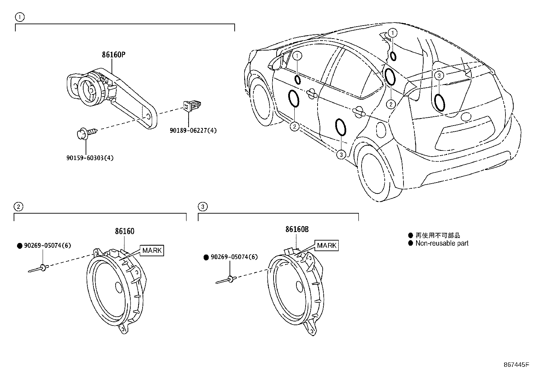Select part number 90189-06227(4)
coord(193,130)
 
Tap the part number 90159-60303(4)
coord(90,158)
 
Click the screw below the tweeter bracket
coord(87,132)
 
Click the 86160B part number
coord(297,229)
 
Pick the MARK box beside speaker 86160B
coord(327,245)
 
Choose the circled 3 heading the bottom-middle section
coord(203,206)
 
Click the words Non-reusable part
coord(442,243)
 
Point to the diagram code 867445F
coord(516,364)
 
